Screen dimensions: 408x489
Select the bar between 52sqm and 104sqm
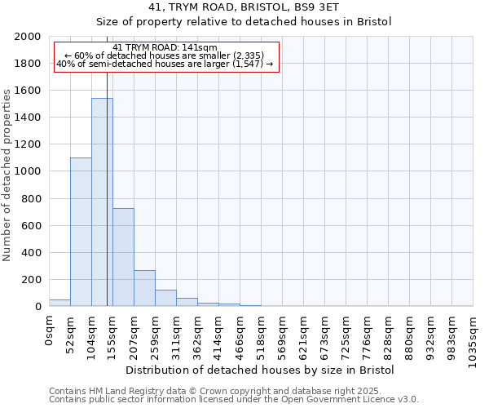point(81,232)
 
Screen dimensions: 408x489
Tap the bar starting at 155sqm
point(123,257)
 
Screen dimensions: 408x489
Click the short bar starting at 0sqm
point(59,303)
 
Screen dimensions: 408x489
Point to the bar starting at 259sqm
point(165,298)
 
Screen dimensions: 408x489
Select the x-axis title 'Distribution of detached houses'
point(261,370)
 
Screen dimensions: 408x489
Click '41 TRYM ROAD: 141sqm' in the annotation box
point(165,48)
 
